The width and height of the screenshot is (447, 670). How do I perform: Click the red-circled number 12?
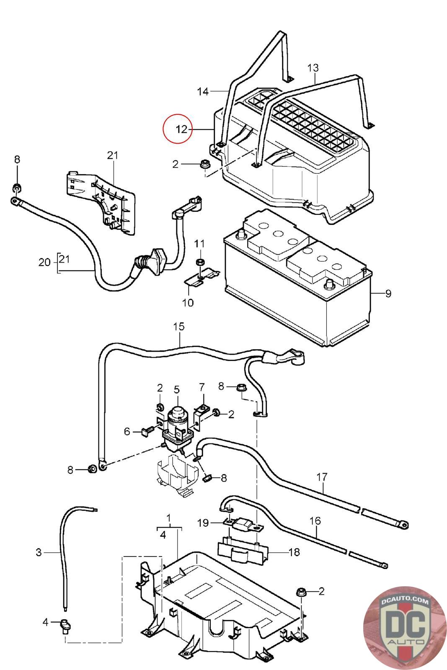pyautogui.click(x=181, y=129)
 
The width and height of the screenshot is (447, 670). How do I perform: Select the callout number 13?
pyautogui.click(x=313, y=68)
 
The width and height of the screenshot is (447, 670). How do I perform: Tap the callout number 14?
pyautogui.click(x=203, y=91)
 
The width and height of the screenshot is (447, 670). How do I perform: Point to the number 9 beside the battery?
pyautogui.click(x=388, y=294)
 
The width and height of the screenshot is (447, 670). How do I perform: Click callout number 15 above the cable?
pyautogui.click(x=179, y=327)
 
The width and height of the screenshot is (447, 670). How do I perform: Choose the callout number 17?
pyautogui.click(x=322, y=477)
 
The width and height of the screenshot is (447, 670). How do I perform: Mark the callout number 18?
pyautogui.click(x=294, y=552)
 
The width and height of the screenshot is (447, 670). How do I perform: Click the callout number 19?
pyautogui.click(x=203, y=523)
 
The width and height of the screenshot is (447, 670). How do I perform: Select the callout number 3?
pyautogui.click(x=39, y=552)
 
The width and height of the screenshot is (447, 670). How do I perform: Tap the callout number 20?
pyautogui.click(x=44, y=263)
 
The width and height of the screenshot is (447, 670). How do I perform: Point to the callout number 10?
pyautogui.click(x=188, y=302)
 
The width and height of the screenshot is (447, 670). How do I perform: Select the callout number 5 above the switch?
pyautogui.click(x=176, y=390)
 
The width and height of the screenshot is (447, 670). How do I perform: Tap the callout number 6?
pyautogui.click(x=127, y=431)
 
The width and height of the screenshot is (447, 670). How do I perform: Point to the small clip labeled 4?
pyautogui.click(x=66, y=625)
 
